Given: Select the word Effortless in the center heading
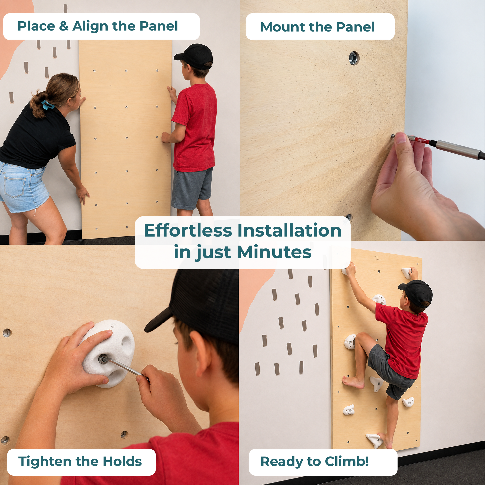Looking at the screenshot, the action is coord(188,231).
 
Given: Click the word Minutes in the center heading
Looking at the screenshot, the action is coord(274,252).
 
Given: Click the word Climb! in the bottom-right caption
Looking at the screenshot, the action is coord(347,461).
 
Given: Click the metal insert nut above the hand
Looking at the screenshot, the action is coord(354,58).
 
